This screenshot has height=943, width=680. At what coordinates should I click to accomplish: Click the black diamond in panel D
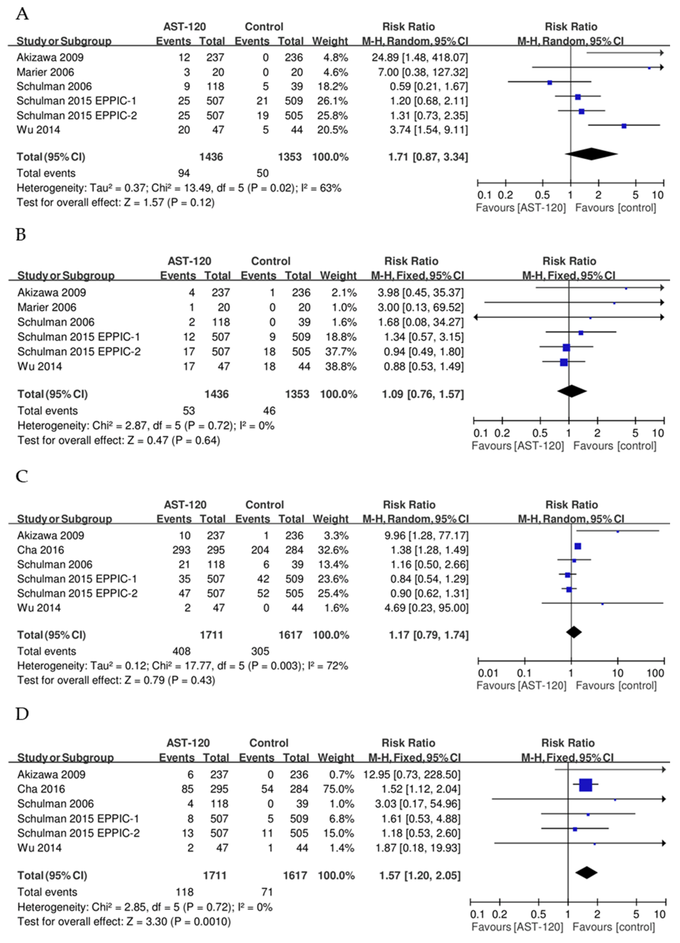point(586,872)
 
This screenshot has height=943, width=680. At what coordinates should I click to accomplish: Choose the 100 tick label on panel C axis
point(656,673)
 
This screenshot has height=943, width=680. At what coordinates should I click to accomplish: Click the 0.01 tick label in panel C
point(488,673)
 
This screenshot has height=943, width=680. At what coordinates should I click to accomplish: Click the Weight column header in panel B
point(338,276)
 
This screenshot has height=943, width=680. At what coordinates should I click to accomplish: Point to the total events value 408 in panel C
point(181,651)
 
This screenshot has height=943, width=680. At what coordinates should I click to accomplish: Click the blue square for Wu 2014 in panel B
point(563,363)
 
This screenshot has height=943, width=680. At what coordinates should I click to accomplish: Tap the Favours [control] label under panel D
point(613,927)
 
